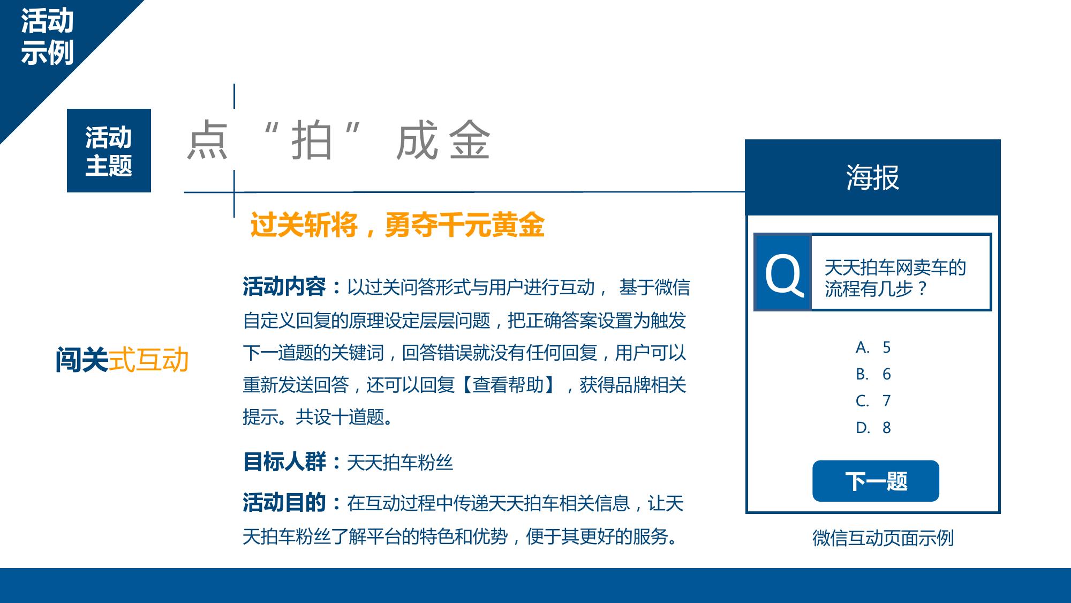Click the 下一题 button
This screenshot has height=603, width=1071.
[x=876, y=481]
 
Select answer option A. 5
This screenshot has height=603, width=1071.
[x=873, y=347]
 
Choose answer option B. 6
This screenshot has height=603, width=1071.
[x=873, y=374]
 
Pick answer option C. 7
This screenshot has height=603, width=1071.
[x=873, y=400]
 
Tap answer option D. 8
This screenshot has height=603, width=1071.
[x=873, y=427]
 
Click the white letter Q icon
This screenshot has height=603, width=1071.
[x=783, y=274]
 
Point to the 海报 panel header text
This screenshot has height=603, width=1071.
[x=872, y=177]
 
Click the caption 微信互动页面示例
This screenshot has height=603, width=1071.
[x=883, y=538]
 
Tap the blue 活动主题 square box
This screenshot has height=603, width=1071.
[x=109, y=151]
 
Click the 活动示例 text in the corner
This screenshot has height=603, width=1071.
[x=47, y=37]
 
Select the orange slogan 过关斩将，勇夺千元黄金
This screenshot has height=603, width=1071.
[x=397, y=225]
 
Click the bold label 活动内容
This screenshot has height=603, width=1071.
[x=284, y=287]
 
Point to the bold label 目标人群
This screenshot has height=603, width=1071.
[x=284, y=461]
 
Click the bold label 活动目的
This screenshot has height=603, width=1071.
[x=284, y=502]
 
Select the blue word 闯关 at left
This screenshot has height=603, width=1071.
[x=81, y=359]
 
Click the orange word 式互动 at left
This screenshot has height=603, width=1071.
[x=149, y=359]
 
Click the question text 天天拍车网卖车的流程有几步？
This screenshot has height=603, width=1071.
[x=895, y=278]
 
